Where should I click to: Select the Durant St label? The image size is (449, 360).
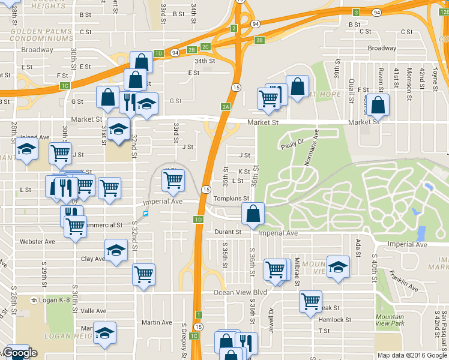228,232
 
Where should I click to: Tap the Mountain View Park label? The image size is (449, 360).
390,320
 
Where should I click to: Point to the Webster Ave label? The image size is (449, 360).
37,241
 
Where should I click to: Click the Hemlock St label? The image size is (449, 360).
334,320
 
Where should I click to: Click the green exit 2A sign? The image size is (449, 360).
226,107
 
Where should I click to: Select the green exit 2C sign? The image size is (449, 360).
206,47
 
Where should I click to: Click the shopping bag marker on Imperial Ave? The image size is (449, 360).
253,213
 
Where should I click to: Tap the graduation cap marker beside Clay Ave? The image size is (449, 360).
115,250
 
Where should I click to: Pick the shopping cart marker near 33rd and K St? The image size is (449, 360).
173,179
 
